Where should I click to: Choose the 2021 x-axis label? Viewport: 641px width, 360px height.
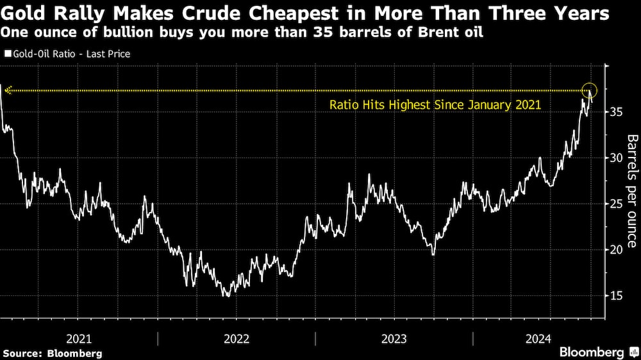[79, 339]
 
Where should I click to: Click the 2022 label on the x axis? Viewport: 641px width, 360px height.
[237, 339]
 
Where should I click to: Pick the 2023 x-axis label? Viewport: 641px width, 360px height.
[394, 339]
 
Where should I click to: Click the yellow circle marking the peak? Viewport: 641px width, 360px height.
[590, 91]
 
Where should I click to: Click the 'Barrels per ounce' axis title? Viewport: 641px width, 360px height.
[631, 191]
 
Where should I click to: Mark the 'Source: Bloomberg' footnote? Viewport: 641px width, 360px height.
[52, 353]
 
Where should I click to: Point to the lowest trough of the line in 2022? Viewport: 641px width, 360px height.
[226, 296]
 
